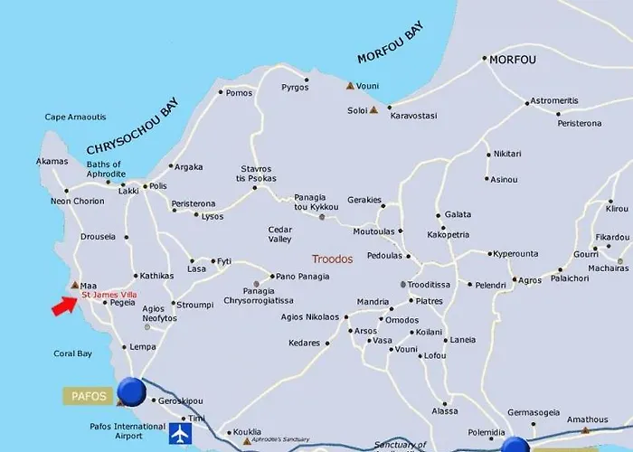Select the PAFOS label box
[x=88, y=395]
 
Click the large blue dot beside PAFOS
[x=132, y=391]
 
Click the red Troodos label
[x=332, y=259]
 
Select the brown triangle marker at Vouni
[x=350, y=87]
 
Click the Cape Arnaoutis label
[x=75, y=117]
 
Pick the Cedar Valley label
[x=280, y=235]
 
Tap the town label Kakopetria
[x=449, y=233]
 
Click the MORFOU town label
[x=513, y=60]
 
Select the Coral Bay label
[x=73, y=353]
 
